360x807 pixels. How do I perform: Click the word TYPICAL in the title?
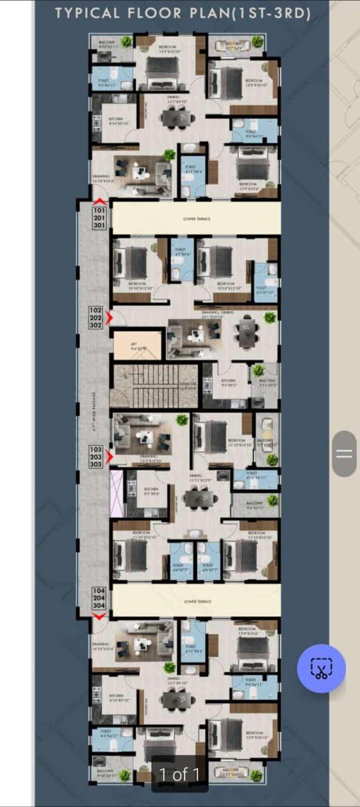tap(87, 14)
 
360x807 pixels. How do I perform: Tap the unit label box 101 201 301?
tap(99, 218)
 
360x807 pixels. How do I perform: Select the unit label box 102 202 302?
tap(96, 318)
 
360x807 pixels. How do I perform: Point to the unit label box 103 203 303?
tap(96, 457)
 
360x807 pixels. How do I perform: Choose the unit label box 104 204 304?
tap(99, 598)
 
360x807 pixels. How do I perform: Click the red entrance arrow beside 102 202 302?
tap(110, 318)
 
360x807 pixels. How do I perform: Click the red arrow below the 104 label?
tap(99, 616)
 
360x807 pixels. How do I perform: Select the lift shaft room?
tap(137, 345)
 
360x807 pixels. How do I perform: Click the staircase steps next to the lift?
tap(155, 386)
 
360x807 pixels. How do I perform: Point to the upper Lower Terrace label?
tap(197, 219)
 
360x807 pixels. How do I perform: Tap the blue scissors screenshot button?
tap(321, 668)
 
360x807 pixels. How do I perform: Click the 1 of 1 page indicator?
tap(179, 775)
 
